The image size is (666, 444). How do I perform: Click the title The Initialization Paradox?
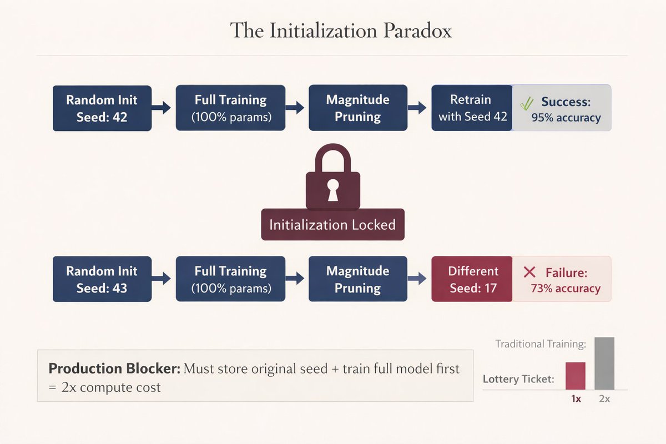click(x=341, y=31)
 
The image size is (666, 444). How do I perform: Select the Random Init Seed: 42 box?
click(x=102, y=108)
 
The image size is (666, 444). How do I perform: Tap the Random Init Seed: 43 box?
click(x=102, y=279)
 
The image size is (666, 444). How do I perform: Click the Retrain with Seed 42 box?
click(x=472, y=108)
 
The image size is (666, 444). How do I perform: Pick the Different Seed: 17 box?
click(x=472, y=279)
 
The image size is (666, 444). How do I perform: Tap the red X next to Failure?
click(x=529, y=272)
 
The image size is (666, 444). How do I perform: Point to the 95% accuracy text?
click(x=566, y=118)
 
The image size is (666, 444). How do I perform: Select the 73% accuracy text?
click(x=566, y=289)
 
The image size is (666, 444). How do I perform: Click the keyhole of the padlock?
click(x=332, y=190)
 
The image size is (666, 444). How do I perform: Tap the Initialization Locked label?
click(x=332, y=225)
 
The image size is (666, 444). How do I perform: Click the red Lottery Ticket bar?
click(x=576, y=376)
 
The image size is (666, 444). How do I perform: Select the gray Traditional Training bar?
click(x=604, y=364)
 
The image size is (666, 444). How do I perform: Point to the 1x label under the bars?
click(x=576, y=398)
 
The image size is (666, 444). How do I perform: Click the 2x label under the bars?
click(x=604, y=398)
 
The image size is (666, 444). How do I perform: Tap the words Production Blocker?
click(x=113, y=369)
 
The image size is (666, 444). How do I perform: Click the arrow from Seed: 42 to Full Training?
click(x=163, y=108)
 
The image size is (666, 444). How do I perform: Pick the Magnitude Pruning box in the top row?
click(x=357, y=108)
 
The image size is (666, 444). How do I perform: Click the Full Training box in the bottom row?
click(x=230, y=279)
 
